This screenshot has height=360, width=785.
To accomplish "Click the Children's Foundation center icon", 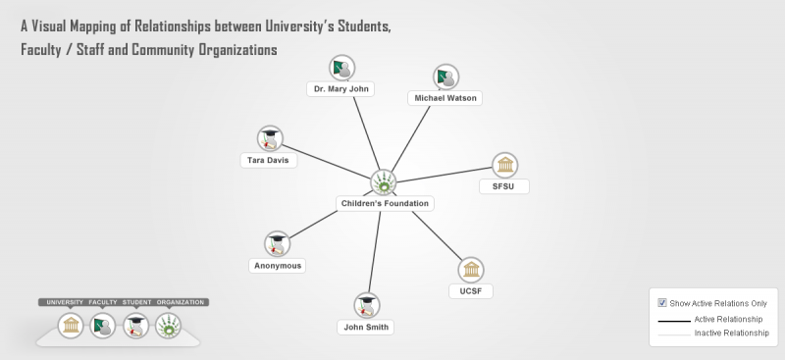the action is [384, 182].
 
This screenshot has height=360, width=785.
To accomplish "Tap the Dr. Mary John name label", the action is [340, 89].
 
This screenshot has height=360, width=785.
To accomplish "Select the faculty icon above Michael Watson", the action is [445, 77].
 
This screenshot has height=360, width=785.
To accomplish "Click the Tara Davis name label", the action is [268, 160].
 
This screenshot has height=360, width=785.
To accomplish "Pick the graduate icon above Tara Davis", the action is [270, 138].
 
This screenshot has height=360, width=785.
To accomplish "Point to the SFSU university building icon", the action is [504, 165].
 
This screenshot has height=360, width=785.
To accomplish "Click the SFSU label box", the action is [503, 186].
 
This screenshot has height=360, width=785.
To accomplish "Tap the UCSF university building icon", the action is [471, 270].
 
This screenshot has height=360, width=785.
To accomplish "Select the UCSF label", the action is [471, 291].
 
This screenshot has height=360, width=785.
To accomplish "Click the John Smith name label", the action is [365, 327].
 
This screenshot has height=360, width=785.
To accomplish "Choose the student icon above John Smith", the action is [366, 305].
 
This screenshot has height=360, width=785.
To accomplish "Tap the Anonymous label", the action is [278, 266].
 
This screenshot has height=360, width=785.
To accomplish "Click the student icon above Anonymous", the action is [277, 244].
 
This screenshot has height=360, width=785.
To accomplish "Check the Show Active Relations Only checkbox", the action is [661, 303].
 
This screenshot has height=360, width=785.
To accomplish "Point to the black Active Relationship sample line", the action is [674, 321].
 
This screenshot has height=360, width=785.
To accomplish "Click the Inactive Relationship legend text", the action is [731, 333].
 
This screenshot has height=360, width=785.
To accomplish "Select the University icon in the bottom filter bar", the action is [70, 326].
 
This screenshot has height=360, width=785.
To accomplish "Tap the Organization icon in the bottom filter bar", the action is [168, 326].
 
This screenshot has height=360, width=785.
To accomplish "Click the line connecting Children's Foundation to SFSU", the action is [445, 175].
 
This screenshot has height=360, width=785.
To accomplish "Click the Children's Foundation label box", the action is [385, 203].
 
